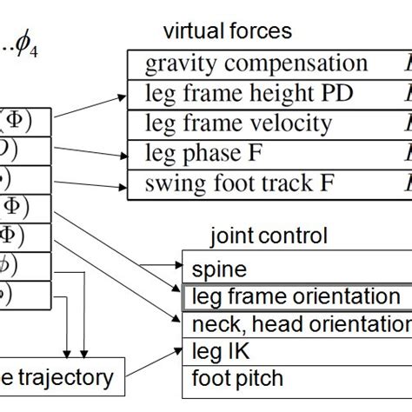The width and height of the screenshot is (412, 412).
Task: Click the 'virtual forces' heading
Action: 227,32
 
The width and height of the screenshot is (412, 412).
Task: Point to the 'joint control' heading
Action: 269,235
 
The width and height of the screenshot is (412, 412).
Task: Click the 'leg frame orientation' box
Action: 296,297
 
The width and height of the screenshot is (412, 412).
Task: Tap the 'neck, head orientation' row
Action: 296,325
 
